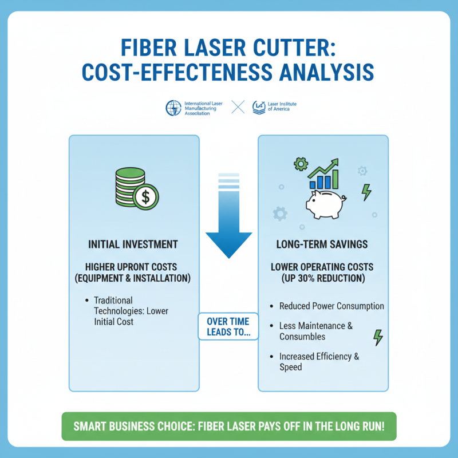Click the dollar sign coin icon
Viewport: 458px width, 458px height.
(146, 198)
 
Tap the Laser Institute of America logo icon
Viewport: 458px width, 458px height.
(259, 107)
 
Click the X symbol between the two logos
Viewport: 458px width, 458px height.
(238, 107)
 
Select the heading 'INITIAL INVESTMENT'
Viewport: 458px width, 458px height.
(133, 244)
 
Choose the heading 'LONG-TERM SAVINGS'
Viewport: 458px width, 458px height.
(322, 244)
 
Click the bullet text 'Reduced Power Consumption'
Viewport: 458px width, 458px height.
(331, 306)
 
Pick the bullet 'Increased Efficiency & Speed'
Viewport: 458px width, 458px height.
(319, 362)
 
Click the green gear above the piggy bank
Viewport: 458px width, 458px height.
(300, 165)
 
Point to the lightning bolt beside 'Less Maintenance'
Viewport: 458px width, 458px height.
(378, 337)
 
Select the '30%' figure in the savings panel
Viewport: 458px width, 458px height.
(315, 278)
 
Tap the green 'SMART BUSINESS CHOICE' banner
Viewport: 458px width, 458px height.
(229, 427)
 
